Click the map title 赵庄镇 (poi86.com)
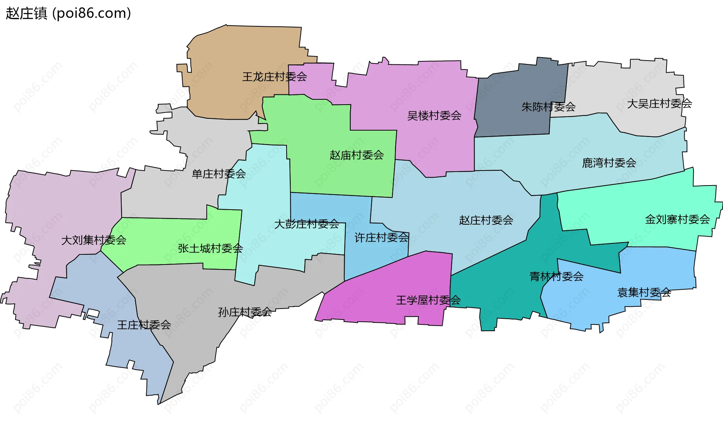click(68, 13)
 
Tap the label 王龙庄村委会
click(275, 77)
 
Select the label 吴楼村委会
click(434, 116)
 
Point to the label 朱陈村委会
click(548, 107)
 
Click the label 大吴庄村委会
click(659, 103)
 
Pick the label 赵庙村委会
click(357, 155)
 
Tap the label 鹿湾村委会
click(609, 163)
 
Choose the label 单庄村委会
click(219, 174)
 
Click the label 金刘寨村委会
click(677, 219)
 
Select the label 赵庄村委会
click(486, 220)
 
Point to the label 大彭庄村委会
click(307, 224)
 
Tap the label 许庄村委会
click(381, 237)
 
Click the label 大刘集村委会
click(94, 240)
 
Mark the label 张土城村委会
click(210, 248)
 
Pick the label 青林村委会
click(557, 277)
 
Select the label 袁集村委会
click(644, 292)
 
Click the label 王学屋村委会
click(429, 300)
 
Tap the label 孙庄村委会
click(245, 312)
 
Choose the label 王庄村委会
click(144, 325)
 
